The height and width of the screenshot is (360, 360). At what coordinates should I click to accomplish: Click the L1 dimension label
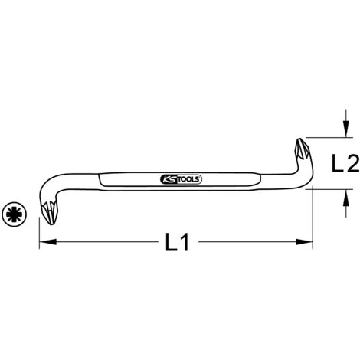177,242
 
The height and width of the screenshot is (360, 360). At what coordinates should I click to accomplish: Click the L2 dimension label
345,163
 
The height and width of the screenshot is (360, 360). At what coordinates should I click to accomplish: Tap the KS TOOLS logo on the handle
181,179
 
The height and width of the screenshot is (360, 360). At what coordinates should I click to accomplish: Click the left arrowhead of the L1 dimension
47,241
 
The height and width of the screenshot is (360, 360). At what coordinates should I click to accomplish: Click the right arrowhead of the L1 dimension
304,241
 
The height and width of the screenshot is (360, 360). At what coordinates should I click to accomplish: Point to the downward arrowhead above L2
345,129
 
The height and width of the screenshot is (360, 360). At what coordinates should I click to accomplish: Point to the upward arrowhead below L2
345,198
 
